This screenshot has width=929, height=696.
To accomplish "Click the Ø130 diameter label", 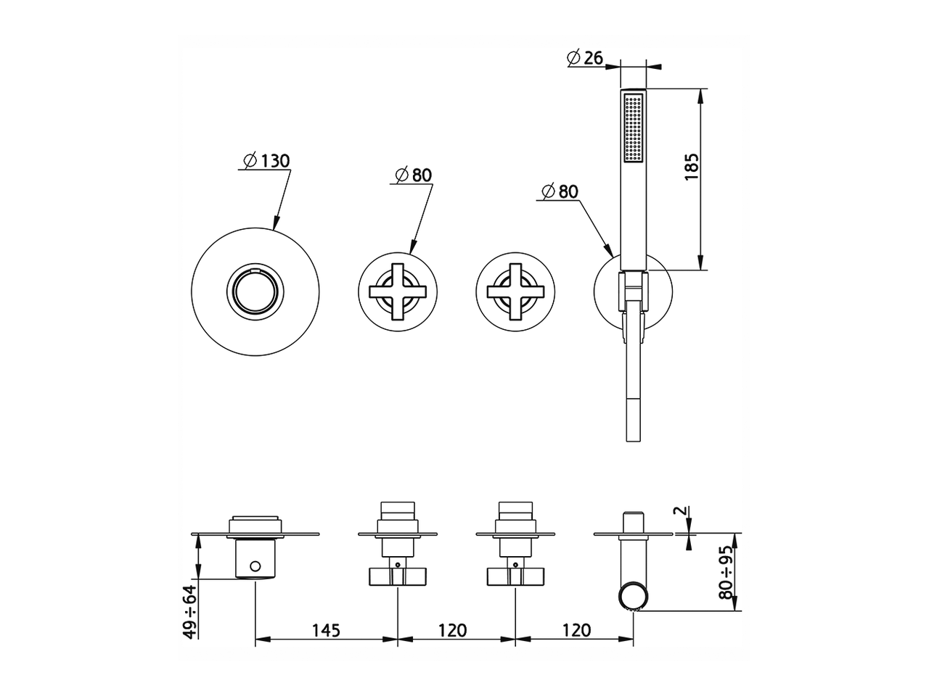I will [266, 161].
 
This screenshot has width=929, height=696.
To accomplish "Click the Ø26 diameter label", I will [585, 58].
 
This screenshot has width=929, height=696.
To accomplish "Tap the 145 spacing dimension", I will [326, 630].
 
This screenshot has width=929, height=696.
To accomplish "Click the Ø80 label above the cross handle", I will [413, 175].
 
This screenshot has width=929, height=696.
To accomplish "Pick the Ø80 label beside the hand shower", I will [560, 191].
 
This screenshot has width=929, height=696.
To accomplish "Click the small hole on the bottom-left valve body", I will [255, 565].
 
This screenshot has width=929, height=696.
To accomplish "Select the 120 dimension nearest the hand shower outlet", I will [576, 630].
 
